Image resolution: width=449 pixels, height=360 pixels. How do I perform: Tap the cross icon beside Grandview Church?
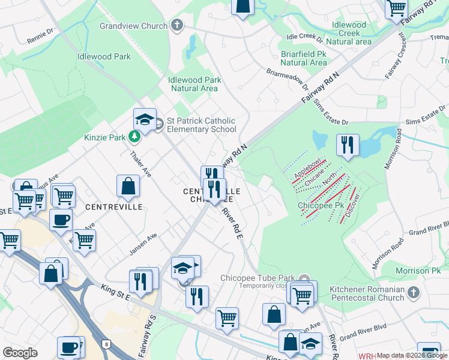(x=177, y=25)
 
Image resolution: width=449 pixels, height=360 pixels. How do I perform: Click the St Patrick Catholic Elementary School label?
(x=201, y=125)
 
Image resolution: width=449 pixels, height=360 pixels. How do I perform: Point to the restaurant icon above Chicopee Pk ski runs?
(x=348, y=145)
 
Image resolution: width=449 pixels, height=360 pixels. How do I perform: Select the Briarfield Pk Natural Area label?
(x=304, y=58)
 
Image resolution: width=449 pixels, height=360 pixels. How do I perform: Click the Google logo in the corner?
(x=20, y=353)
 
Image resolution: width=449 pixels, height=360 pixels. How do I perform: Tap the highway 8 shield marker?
(x=106, y=344)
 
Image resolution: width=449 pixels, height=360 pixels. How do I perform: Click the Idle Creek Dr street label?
(x=305, y=38)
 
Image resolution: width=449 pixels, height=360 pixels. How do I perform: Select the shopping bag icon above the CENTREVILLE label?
(x=128, y=186)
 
